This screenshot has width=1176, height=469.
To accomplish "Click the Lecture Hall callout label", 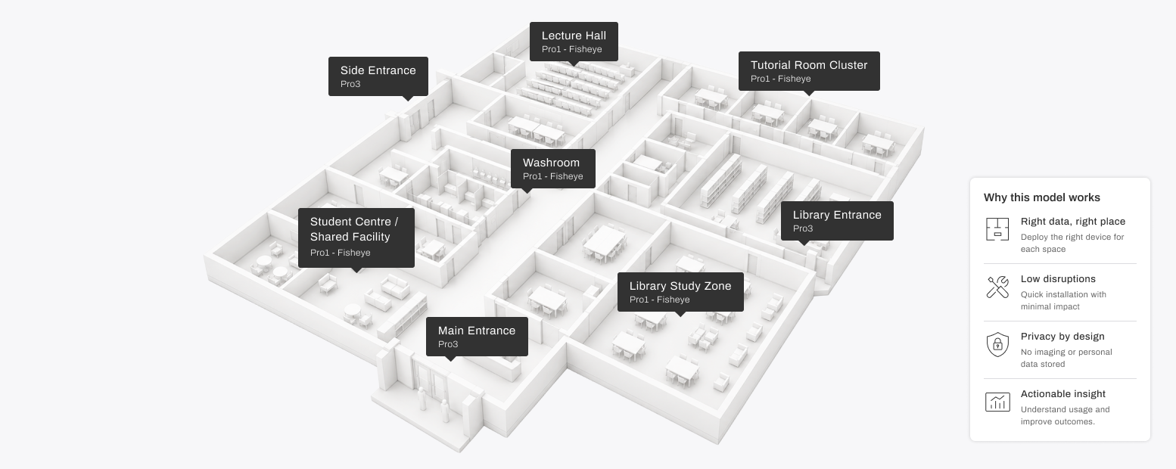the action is point(574,42).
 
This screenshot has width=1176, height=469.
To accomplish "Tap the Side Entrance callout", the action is point(378,76).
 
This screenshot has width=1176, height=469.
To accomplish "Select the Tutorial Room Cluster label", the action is point(809,71).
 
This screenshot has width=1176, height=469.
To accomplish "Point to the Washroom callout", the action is point(553,169).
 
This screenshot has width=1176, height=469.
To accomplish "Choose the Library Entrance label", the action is point(837,221).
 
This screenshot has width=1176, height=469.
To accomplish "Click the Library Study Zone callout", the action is point(680,292).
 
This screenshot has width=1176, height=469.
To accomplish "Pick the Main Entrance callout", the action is point(477,337).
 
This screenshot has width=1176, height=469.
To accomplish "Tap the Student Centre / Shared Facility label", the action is point(356,238).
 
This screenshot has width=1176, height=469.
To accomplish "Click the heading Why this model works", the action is point(1041,197).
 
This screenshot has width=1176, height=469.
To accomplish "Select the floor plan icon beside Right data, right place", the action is point(997,229).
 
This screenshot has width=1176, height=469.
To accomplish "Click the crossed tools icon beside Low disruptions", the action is point(997,287).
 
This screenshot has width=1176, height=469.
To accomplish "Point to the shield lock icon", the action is point(997,344).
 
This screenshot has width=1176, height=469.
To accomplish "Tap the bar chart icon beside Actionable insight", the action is point(997,402).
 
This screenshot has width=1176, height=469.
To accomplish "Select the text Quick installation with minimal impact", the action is point(1063,300).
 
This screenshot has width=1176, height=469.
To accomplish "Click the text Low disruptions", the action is point(1058,279).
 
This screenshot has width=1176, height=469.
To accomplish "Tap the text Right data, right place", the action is point(1072,222).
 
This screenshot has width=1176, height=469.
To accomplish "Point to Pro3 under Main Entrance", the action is point(448,344).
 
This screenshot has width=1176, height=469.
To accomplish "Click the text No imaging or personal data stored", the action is point(1066,358).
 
